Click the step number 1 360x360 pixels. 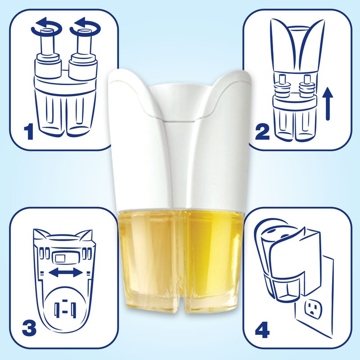29,131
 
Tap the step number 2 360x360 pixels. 262,131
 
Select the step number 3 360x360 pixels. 29,328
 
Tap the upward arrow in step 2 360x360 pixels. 329,104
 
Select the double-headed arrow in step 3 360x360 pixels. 66,273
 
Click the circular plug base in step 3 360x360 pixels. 65,308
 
